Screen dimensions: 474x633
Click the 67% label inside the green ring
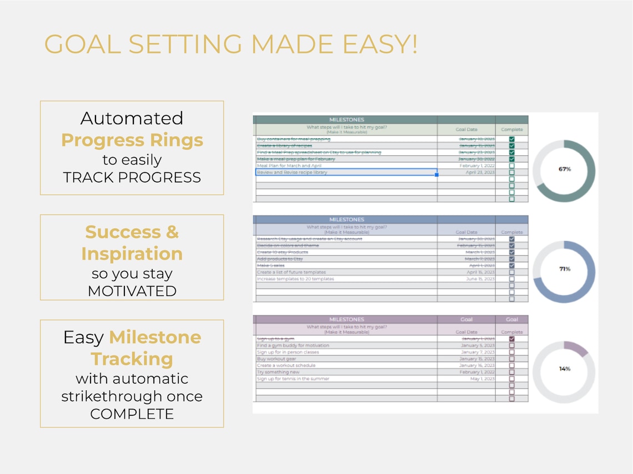click(565, 169)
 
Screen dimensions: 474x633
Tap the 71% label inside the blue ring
click(565, 269)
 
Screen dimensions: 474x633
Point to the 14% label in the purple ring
click(565, 369)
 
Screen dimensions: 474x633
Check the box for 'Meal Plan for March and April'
click(511, 166)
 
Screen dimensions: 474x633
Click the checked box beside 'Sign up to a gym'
click(511, 339)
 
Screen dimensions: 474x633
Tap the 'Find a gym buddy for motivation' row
click(293, 345)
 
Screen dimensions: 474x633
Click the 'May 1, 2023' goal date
click(483, 379)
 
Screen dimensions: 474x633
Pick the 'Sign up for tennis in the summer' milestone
click(293, 379)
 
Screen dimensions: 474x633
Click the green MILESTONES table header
click(346, 119)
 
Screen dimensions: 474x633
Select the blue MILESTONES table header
click(346, 220)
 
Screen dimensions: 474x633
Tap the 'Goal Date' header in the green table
click(466, 130)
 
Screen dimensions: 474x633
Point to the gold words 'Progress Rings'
click(132, 140)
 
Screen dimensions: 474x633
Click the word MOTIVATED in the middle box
click(132, 291)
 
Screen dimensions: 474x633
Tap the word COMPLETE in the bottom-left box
click(132, 414)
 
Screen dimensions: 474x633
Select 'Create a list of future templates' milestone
click(292, 272)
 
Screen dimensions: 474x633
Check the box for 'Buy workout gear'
click(511, 359)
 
